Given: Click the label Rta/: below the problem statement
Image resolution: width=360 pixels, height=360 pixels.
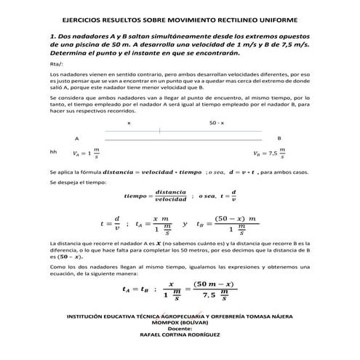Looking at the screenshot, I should point(55,64).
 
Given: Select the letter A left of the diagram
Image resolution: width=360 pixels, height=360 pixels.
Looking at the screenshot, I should point(76,137).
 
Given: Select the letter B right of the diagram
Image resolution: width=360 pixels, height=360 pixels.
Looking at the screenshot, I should point(279,137).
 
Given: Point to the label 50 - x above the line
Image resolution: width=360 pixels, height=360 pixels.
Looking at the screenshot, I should point(217,124).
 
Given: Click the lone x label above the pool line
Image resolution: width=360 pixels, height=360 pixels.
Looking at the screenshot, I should point(129,124).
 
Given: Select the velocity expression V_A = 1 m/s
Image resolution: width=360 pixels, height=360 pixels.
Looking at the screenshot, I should point(86,153).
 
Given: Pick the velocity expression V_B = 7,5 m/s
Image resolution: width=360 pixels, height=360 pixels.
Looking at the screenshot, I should point(270,153).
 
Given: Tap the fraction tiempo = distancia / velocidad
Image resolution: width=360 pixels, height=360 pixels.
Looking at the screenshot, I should point(157,196).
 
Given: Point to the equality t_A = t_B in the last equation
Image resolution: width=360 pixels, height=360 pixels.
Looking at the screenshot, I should point(136,290).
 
